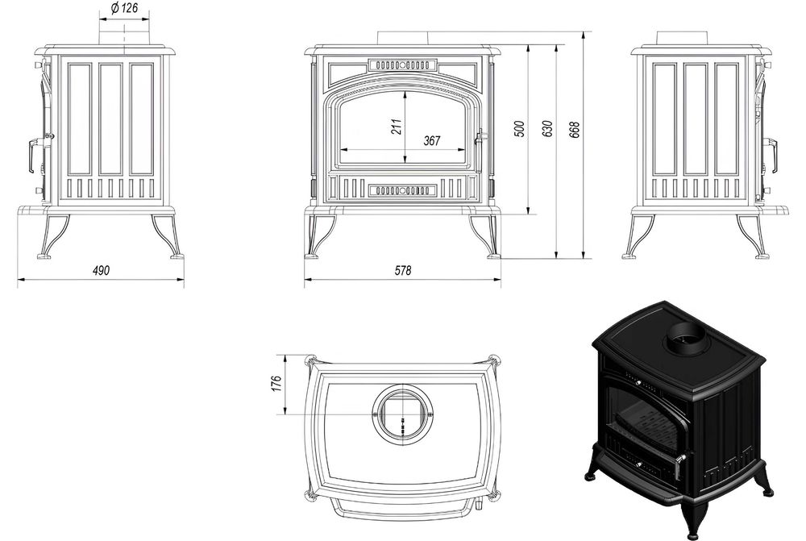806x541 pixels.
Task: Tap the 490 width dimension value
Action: click(x=100, y=271)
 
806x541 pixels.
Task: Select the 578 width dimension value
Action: click(x=403, y=272)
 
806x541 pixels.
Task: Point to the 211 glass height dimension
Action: click(x=397, y=127)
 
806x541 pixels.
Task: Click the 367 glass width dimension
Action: click(x=432, y=141)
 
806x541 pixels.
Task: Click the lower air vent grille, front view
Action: click(x=402, y=190)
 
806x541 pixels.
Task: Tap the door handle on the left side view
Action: click(x=33, y=154)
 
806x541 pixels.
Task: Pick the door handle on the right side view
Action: click(x=772, y=153)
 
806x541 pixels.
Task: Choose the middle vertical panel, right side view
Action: click(x=696, y=119)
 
